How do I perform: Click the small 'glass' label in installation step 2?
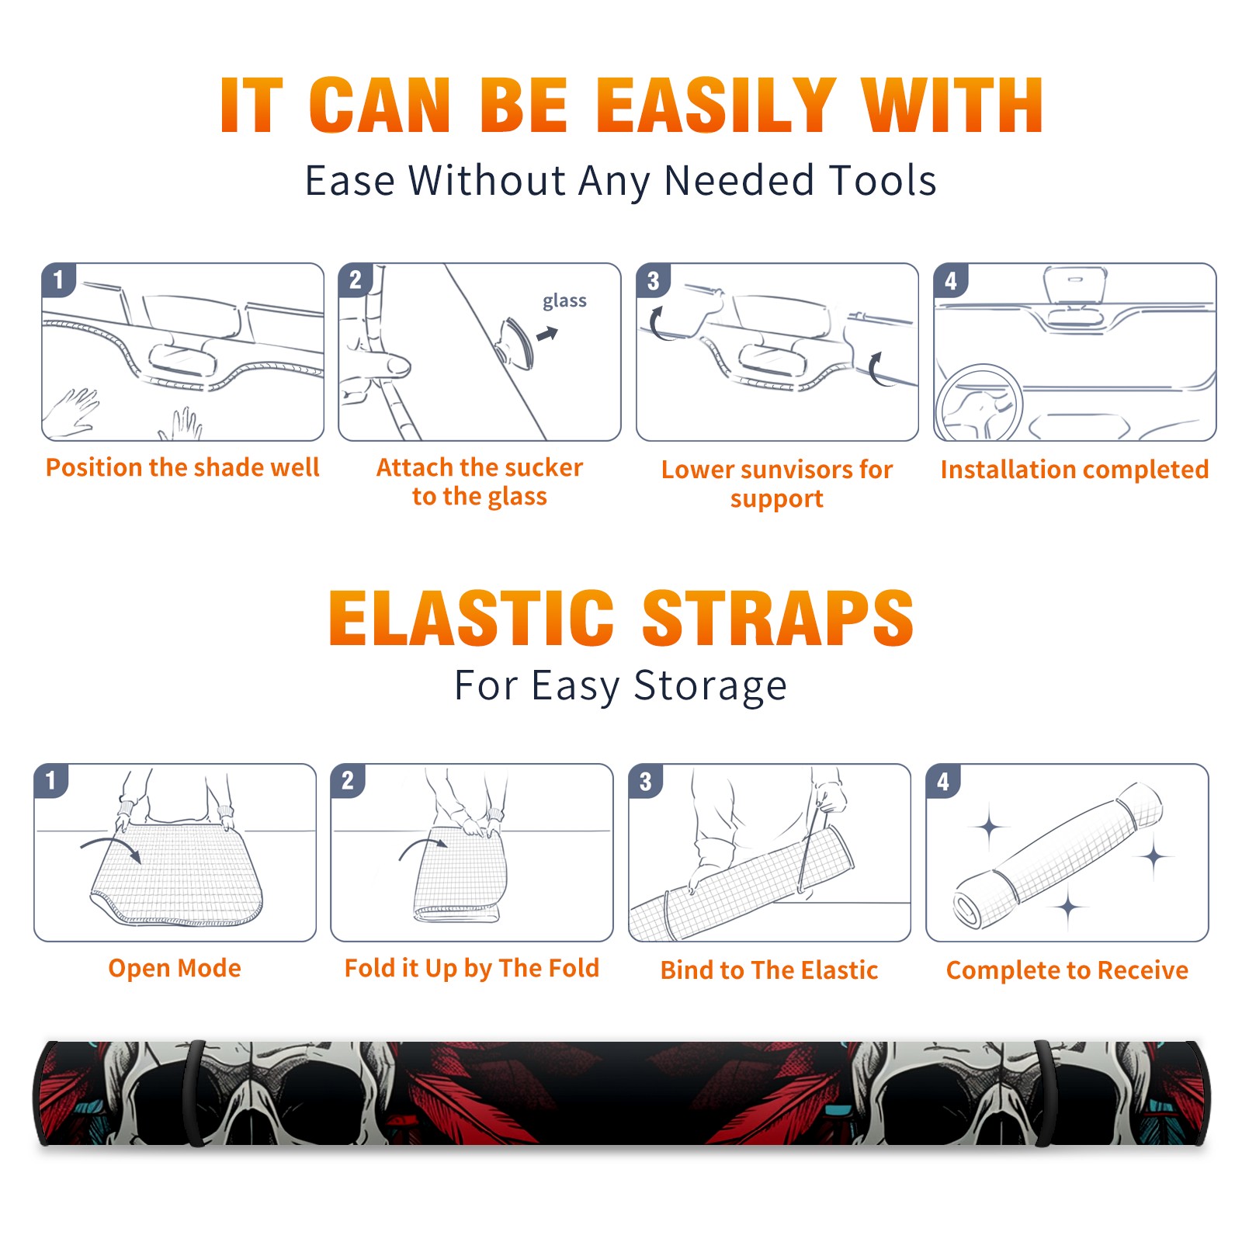(564, 301)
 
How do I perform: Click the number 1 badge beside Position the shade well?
(58, 279)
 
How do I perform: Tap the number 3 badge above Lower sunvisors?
(653, 279)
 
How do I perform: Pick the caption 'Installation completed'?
(1074, 469)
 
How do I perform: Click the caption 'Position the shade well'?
(182, 467)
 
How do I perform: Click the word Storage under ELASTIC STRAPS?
(710, 686)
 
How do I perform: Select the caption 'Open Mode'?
(175, 968)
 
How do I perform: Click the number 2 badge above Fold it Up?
(348, 780)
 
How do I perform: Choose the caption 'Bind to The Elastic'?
(769, 970)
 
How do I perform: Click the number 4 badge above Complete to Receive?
(943, 780)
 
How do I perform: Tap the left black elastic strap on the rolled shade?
(195, 1093)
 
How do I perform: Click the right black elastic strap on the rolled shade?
(1045, 1093)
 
